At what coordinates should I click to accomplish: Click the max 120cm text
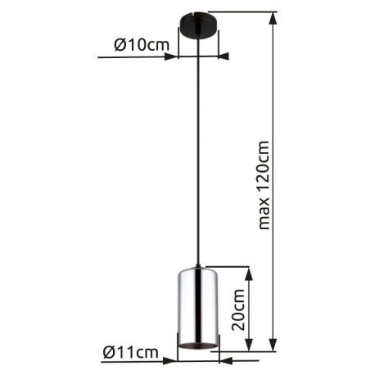click(262, 185)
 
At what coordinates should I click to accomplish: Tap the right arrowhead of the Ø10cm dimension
click(224, 57)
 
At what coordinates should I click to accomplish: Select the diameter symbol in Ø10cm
click(120, 46)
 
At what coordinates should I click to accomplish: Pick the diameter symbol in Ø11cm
click(110, 353)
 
